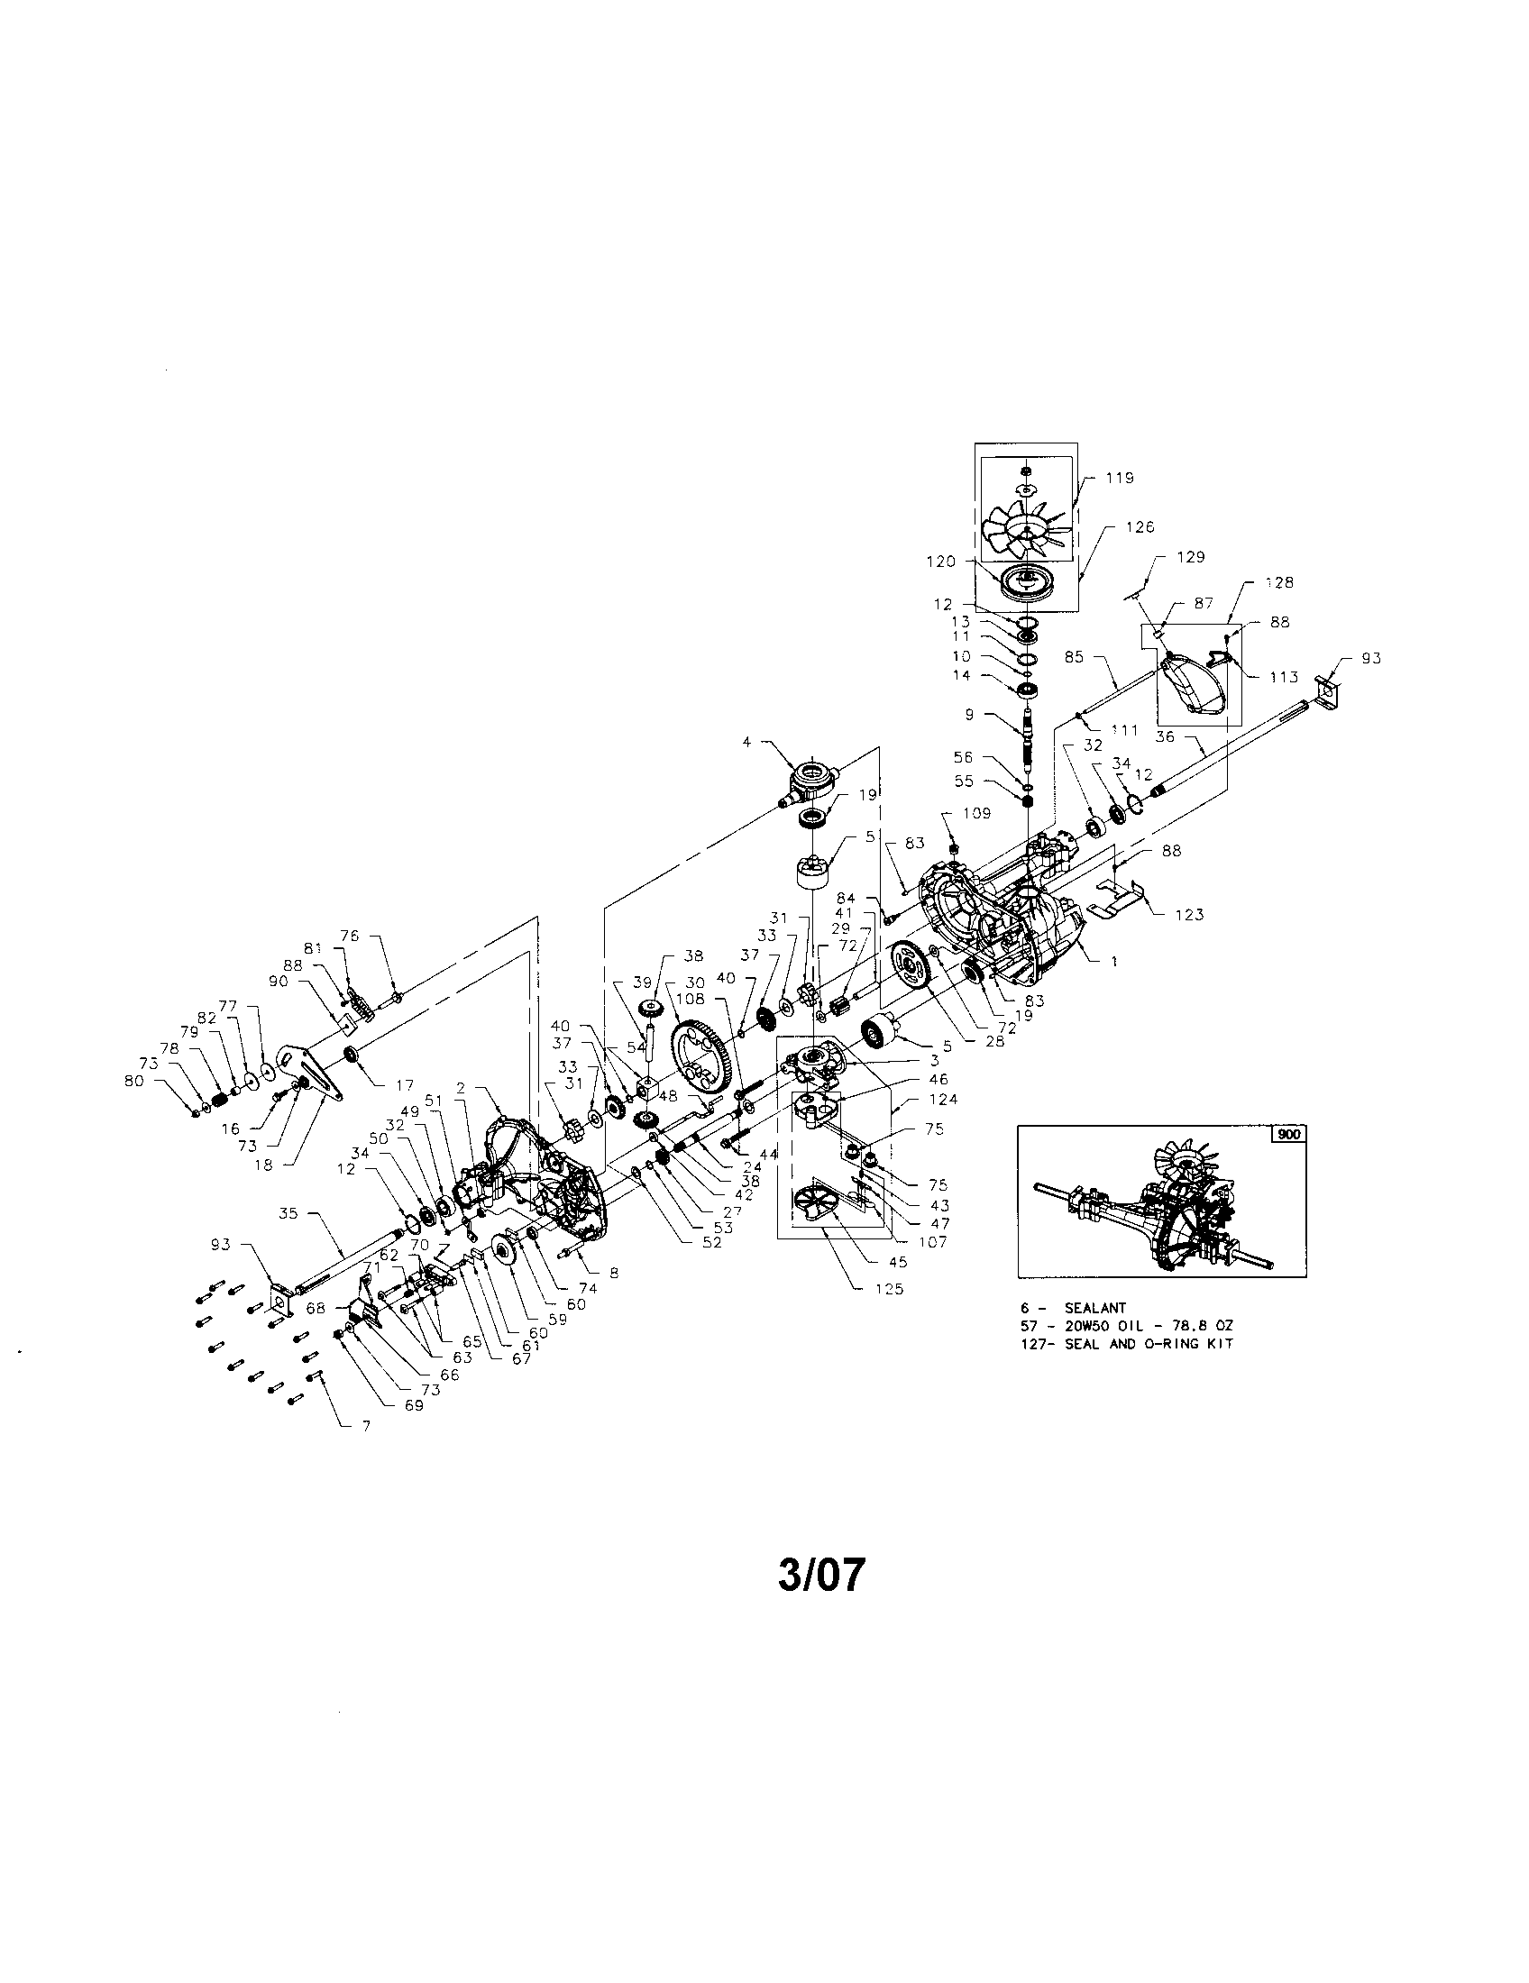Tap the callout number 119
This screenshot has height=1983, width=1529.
pyautogui.click(x=1120, y=478)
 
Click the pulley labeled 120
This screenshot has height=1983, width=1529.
pyautogui.click(x=1028, y=581)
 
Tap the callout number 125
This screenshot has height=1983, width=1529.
pyautogui.click(x=889, y=1287)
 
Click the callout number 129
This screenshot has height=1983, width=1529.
pyautogui.click(x=1190, y=556)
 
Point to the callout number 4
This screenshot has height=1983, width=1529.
pyautogui.click(x=746, y=742)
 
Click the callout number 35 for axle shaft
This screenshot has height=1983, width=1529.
pyautogui.click(x=288, y=1213)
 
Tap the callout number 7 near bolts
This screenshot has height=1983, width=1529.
pyautogui.click(x=366, y=1427)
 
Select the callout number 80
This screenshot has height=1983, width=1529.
pyautogui.click(x=134, y=1081)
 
